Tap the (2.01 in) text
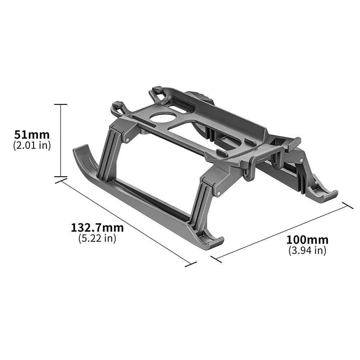(32, 145)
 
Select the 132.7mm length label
(97, 228)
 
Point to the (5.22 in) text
(97, 238)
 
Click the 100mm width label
(307, 240)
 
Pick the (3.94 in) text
(307, 250)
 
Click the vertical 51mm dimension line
(60, 140)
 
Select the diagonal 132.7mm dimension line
(126, 221)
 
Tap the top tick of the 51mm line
(60, 104)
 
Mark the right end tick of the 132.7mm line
(191, 264)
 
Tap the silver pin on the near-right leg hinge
(218, 194)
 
